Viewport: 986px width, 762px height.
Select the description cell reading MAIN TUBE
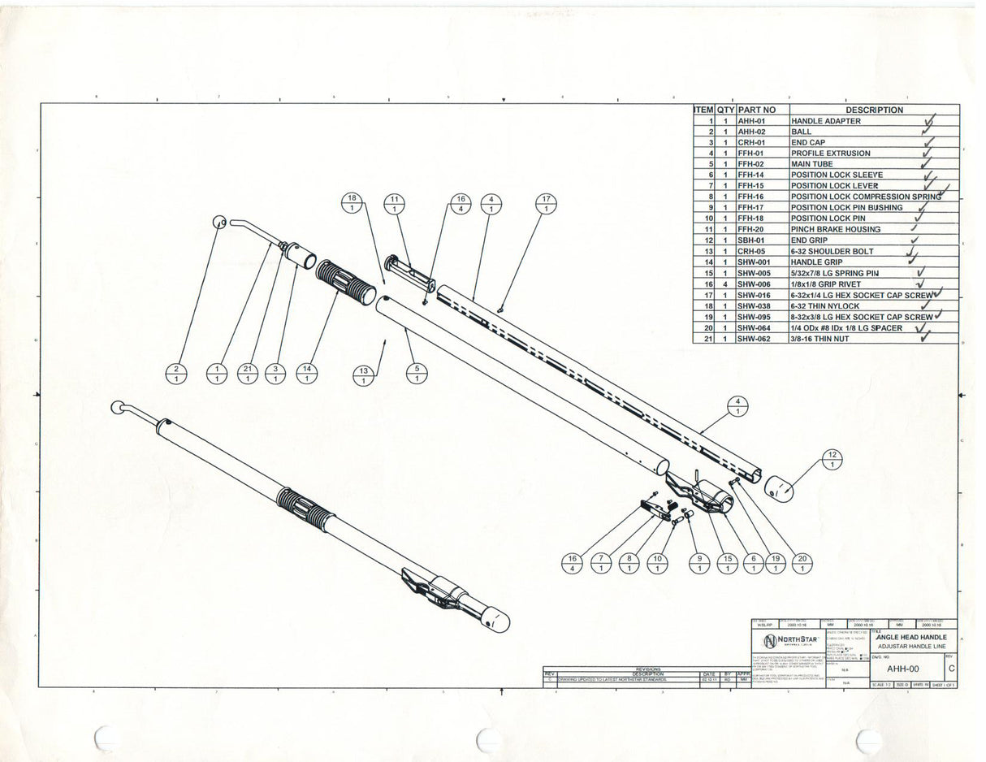811,164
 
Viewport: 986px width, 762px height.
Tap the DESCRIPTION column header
874,110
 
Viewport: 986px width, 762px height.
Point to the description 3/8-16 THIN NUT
820,339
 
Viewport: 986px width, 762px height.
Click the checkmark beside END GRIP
915,240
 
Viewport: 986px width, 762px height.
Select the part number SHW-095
753,317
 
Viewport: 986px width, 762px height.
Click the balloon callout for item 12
832,459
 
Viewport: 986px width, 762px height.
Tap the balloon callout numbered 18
352,204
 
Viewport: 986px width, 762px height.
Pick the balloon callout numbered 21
248,374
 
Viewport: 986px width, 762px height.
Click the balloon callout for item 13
363,375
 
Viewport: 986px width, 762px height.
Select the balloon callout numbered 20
802,563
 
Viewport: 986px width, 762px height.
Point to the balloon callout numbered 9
699,563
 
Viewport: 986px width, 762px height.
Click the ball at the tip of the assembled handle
118,406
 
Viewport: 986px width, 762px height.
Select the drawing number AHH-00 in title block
902,668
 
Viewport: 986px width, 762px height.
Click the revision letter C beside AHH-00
951,668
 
